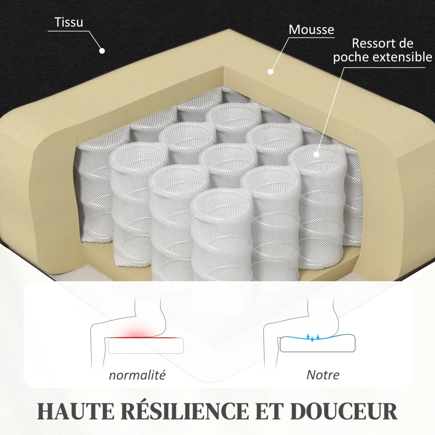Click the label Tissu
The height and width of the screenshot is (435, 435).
(68, 22)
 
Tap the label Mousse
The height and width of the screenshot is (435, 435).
(311, 30)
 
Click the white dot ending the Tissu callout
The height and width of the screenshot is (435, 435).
(102, 51)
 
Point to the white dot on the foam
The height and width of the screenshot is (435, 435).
(271, 71)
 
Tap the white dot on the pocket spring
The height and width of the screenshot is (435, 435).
(316, 155)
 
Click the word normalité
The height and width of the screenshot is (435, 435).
(137, 375)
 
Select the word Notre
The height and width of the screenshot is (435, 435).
(323, 375)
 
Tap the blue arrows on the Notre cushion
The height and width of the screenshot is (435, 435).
(313, 337)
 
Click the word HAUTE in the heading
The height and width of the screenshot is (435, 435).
(76, 411)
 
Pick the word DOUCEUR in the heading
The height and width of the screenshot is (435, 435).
(344, 411)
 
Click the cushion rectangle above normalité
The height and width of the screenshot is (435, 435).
(146, 346)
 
